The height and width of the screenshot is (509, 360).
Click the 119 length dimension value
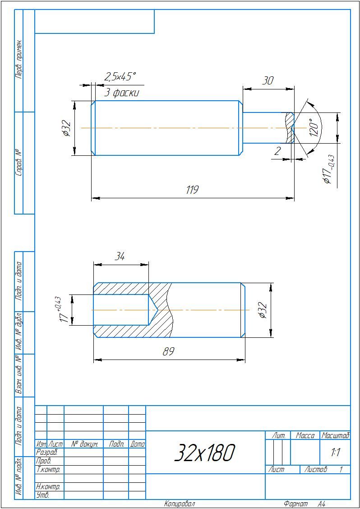[x=192, y=190]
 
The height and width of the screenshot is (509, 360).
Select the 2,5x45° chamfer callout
[x=120, y=77]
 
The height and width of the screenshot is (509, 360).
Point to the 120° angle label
[x=313, y=128]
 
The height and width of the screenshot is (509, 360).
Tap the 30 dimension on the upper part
[x=268, y=80]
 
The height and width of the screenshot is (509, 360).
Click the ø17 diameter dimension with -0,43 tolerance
[x=329, y=169]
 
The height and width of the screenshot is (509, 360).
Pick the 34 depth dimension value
[x=120, y=257]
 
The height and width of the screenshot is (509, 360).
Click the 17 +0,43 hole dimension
[x=62, y=310]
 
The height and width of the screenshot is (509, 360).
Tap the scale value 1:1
[x=335, y=453]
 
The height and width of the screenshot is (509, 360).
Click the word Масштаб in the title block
[x=335, y=436]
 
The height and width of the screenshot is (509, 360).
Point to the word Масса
[x=305, y=436]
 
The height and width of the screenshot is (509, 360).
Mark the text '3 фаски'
[x=122, y=93]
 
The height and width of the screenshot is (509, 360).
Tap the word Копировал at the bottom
[x=180, y=504]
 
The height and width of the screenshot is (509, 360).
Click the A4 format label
[x=321, y=504]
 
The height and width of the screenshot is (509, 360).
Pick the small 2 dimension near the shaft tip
[x=277, y=151]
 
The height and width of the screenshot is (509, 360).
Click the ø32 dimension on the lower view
[x=263, y=310]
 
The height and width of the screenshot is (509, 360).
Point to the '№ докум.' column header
[x=83, y=444]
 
